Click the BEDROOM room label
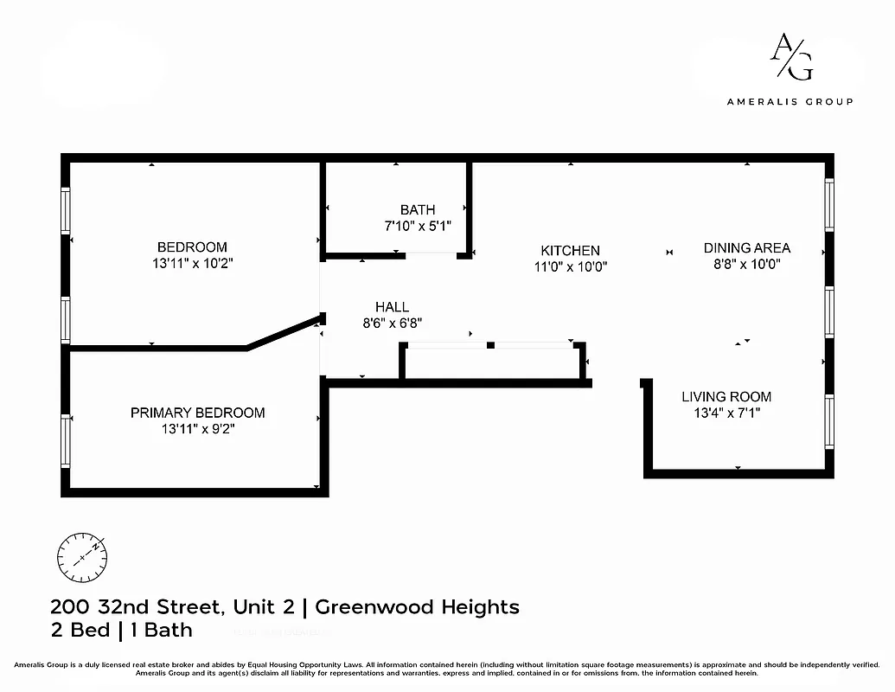192,247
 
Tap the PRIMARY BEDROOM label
197,413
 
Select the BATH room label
418,209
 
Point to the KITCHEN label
570,251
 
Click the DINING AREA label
746,248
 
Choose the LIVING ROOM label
726,397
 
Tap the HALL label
392,307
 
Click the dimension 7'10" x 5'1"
418,226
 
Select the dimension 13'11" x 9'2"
197,429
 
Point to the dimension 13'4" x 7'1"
726,413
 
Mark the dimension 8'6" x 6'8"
392,324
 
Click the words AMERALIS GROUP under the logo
790,101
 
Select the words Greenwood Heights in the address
417,606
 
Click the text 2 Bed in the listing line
79,630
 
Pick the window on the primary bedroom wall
66,440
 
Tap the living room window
829,422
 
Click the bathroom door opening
432,254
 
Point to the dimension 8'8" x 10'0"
746,265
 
